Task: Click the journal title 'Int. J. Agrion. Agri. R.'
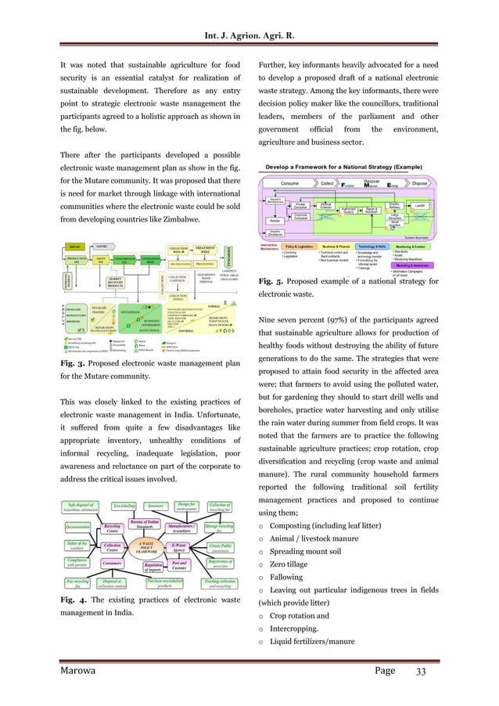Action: coord(249,12)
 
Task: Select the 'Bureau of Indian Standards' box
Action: coord(142,513)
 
